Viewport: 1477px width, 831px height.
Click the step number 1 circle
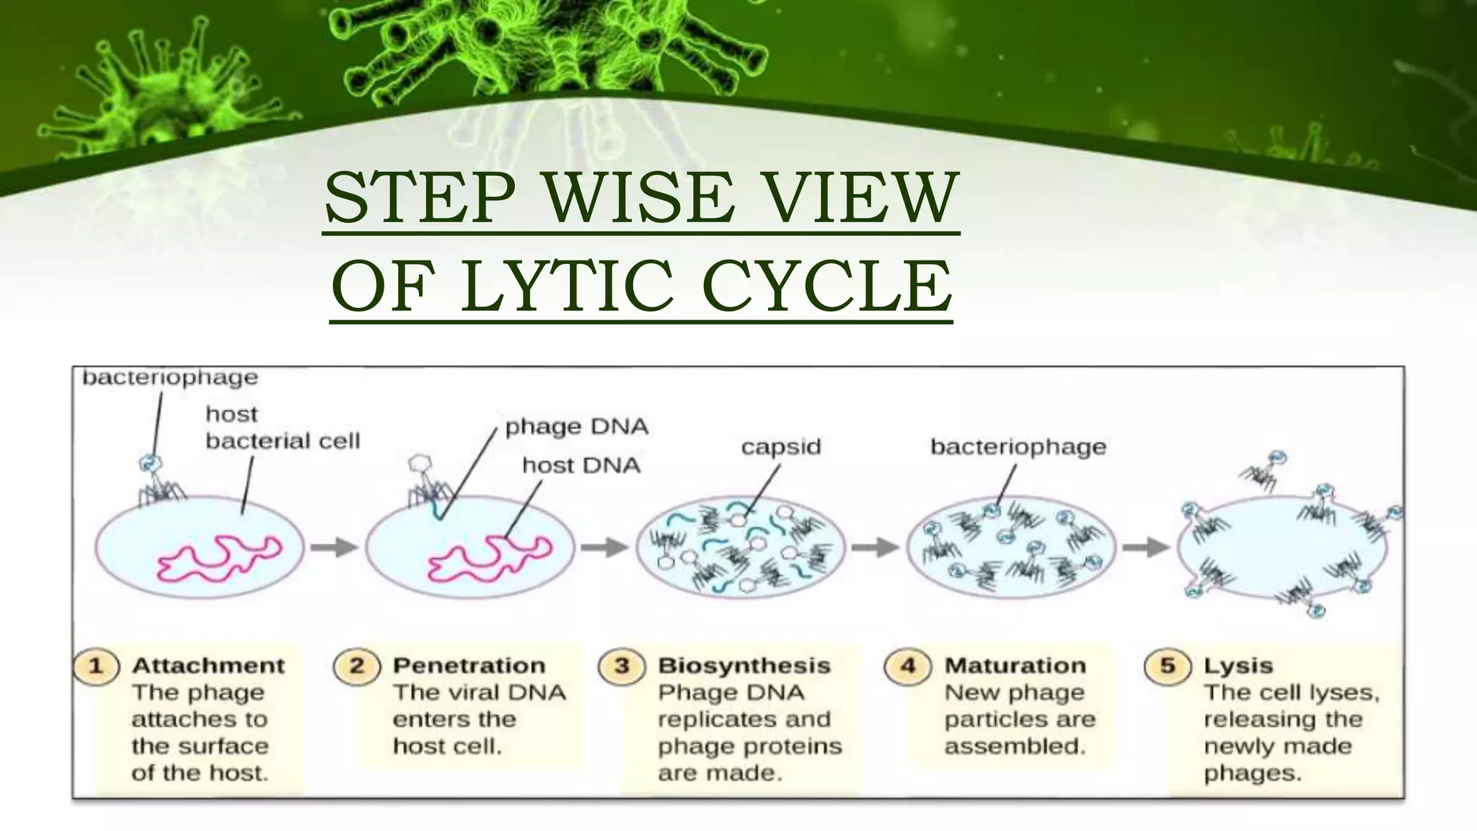96,665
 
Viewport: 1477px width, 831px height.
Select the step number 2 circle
356,665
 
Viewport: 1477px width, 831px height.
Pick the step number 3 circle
622,665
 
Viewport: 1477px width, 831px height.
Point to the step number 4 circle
908,665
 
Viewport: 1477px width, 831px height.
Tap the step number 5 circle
1168,665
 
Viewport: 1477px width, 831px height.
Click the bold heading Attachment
208,665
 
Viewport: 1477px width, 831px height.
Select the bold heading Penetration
469,665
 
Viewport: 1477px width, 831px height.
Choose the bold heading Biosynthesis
744,665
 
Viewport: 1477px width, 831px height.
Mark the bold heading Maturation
1015,665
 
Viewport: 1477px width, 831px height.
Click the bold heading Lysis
1238,665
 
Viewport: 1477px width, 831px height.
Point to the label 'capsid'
781,447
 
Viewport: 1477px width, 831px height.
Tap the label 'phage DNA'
577,426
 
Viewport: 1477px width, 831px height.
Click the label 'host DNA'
581,465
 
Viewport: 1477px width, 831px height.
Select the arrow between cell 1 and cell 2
335,548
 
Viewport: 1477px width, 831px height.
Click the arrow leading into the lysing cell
1146,548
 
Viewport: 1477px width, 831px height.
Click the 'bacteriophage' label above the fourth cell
1018,447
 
